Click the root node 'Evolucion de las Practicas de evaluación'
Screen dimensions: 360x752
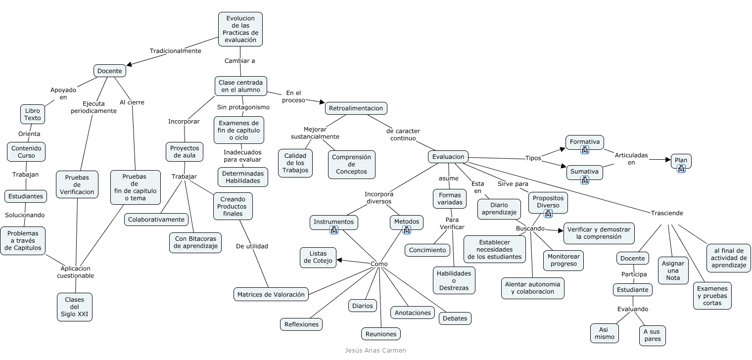point(240,29)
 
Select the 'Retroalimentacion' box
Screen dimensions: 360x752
point(356,108)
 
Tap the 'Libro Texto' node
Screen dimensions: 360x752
point(33,114)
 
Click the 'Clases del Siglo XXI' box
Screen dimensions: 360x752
point(75,307)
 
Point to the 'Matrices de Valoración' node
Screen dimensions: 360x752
point(271,294)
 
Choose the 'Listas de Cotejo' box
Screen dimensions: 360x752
point(318,258)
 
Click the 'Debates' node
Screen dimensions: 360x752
point(455,318)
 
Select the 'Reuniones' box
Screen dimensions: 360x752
point(380,334)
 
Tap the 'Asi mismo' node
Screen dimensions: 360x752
point(604,333)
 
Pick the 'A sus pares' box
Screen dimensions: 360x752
point(652,335)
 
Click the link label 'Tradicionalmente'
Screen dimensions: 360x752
point(176,51)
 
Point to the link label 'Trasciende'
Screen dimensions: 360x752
point(667,213)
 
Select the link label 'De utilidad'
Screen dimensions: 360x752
point(252,246)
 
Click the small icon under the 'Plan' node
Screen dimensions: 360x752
point(681,169)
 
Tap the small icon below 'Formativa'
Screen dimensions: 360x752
point(584,150)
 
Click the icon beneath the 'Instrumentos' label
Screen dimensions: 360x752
point(333,230)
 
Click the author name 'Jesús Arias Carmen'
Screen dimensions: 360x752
point(376,350)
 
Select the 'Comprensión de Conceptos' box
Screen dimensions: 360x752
point(351,165)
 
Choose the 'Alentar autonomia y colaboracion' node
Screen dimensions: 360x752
point(531,288)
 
